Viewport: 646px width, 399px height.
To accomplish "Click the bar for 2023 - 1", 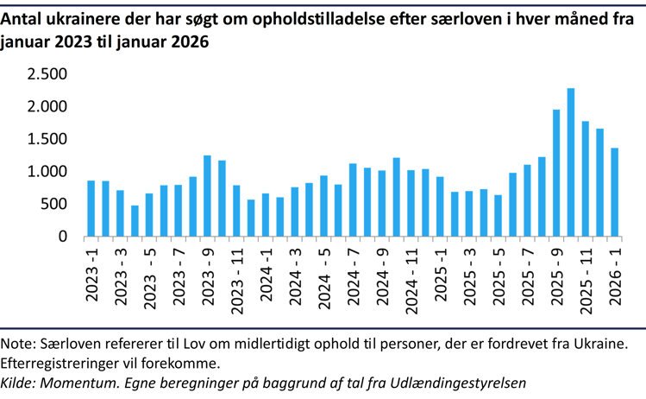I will pos(91,208).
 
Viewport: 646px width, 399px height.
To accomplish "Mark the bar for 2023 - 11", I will pos(236,211).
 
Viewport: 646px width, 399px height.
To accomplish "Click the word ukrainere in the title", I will pos(85,15).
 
